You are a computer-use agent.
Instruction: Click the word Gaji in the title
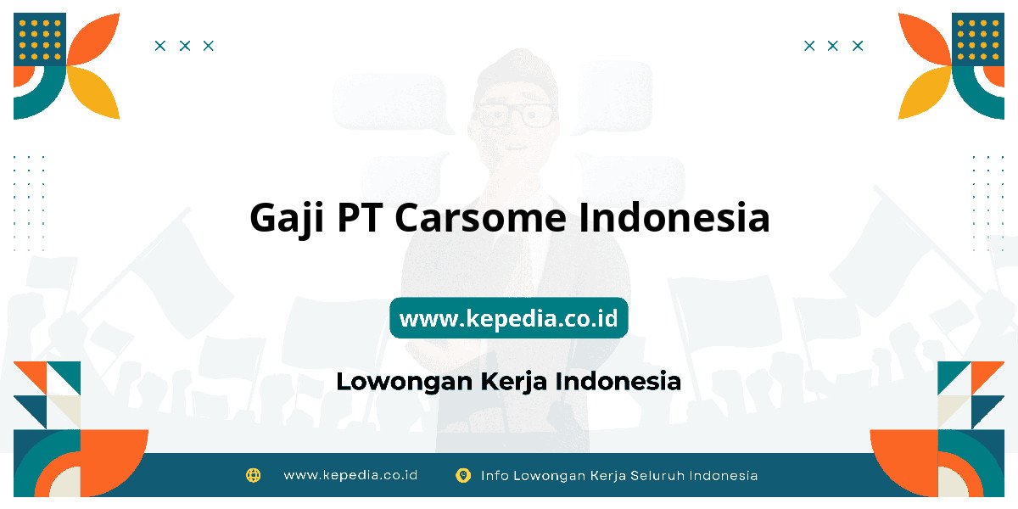287,219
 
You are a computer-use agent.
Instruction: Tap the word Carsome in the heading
480,217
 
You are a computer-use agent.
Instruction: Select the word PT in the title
359,217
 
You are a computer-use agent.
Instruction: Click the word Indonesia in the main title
674,217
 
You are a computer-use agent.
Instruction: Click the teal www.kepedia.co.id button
508,317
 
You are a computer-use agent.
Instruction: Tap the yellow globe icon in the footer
253,475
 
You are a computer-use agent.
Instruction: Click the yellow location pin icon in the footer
463,475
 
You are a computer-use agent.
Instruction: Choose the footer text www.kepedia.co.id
350,475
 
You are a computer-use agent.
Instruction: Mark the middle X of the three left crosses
185,46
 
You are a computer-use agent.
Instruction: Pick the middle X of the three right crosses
832,46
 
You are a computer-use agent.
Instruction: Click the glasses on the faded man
516,115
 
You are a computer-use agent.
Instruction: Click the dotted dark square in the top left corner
40,39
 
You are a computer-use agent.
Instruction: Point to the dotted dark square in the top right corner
978,39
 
